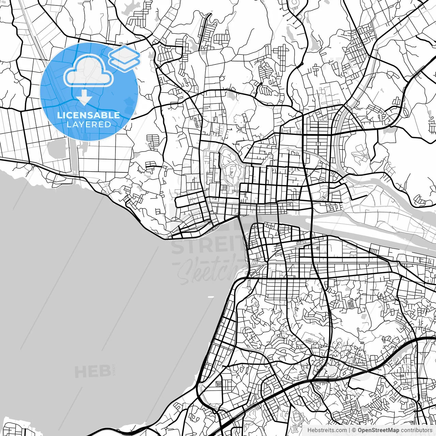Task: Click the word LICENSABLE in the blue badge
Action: point(89,115)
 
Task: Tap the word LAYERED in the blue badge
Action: point(89,124)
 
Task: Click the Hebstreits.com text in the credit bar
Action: point(327,430)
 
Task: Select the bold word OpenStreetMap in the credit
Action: point(378,430)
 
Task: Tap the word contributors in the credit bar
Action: point(416,430)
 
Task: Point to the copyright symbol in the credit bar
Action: point(354,430)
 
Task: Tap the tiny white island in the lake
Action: point(211,297)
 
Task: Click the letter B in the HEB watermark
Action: point(104,372)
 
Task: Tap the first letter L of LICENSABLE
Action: point(60,115)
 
